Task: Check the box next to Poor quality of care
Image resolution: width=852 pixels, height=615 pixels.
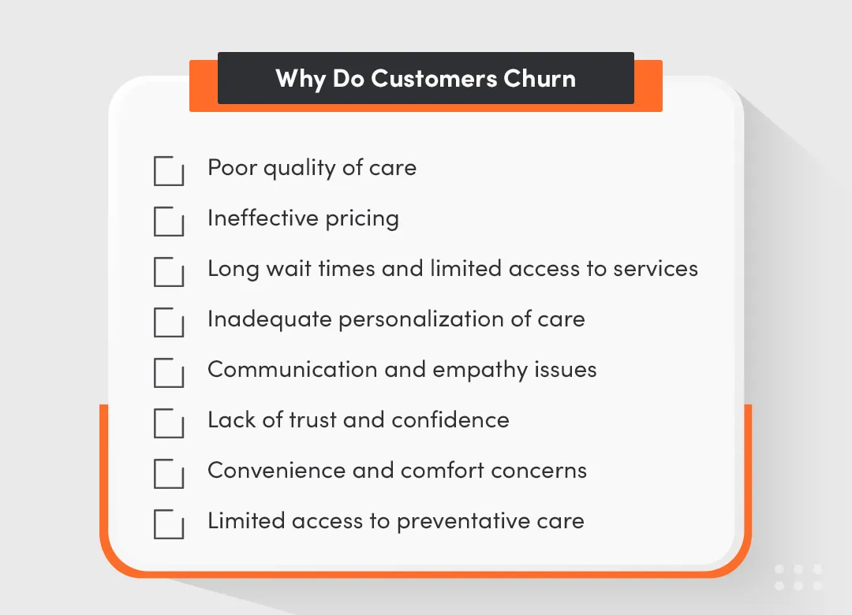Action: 168,171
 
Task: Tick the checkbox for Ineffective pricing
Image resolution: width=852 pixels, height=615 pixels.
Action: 168,222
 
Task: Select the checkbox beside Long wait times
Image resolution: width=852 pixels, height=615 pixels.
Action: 168,272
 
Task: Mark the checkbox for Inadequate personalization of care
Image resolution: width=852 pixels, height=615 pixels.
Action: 168,322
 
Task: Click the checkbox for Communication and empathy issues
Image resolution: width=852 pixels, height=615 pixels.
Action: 168,373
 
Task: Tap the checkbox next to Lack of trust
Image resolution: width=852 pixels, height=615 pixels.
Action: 168,423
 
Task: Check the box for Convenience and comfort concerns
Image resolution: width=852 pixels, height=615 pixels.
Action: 168,474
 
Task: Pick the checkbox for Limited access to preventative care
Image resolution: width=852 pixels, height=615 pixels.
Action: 168,524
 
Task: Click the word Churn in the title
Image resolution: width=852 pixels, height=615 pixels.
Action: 540,79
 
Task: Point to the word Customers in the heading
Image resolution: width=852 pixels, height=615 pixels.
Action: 433,79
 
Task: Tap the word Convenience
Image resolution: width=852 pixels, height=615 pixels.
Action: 274,471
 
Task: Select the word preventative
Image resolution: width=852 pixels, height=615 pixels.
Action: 455,521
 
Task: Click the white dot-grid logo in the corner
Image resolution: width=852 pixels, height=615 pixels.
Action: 798,577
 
